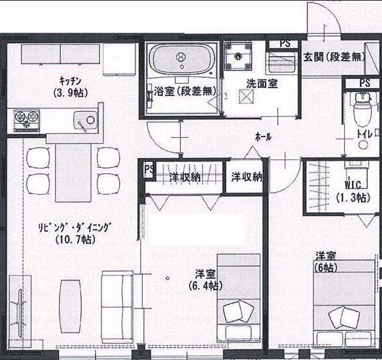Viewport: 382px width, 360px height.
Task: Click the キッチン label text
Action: pos(70,80)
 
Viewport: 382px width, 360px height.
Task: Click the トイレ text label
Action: pos(365,135)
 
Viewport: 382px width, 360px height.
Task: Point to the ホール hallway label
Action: pos(263,137)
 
